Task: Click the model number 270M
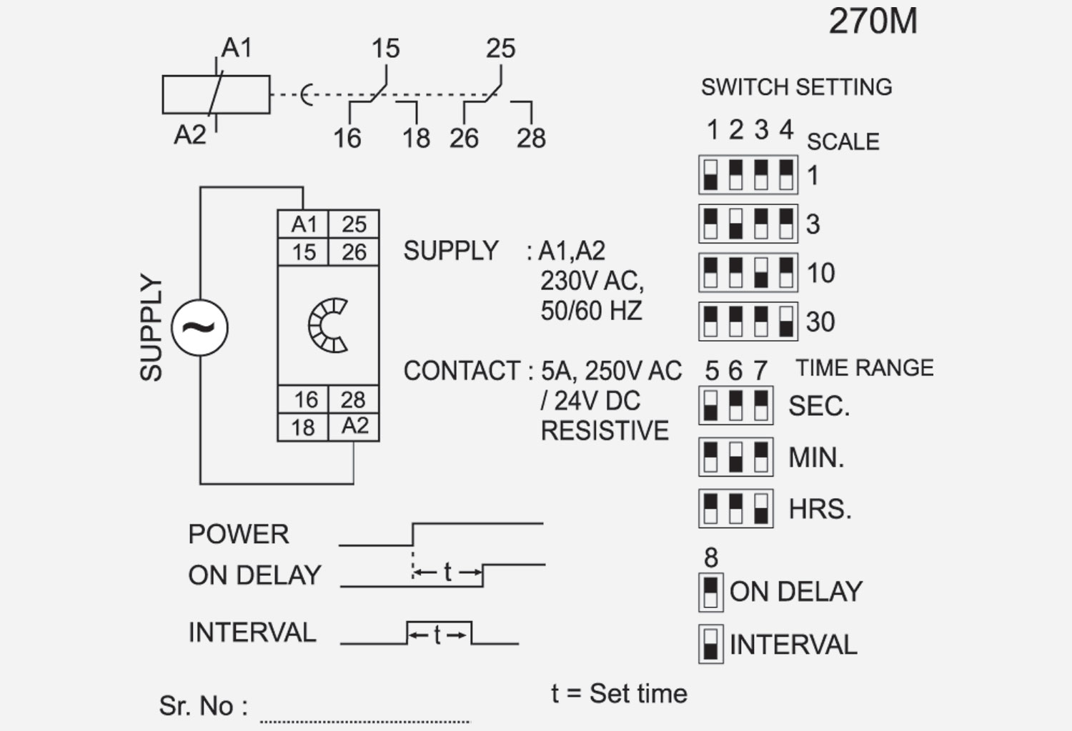point(873,21)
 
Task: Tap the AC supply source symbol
point(200,328)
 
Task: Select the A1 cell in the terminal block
point(303,224)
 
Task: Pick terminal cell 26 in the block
point(354,252)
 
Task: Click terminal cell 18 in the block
point(303,427)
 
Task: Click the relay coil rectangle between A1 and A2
point(216,94)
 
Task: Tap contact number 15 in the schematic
point(385,49)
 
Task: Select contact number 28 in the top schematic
point(531,138)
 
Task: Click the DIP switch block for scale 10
point(748,272)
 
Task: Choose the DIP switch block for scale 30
point(748,321)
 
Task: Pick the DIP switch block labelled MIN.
point(735,457)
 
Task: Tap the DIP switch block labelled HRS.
point(735,508)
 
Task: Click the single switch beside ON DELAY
point(710,592)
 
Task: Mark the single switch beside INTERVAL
point(710,644)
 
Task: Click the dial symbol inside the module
point(328,326)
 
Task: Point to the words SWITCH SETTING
point(796,87)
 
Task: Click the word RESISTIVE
point(605,431)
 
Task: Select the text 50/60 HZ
point(591,311)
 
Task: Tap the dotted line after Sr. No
point(364,720)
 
